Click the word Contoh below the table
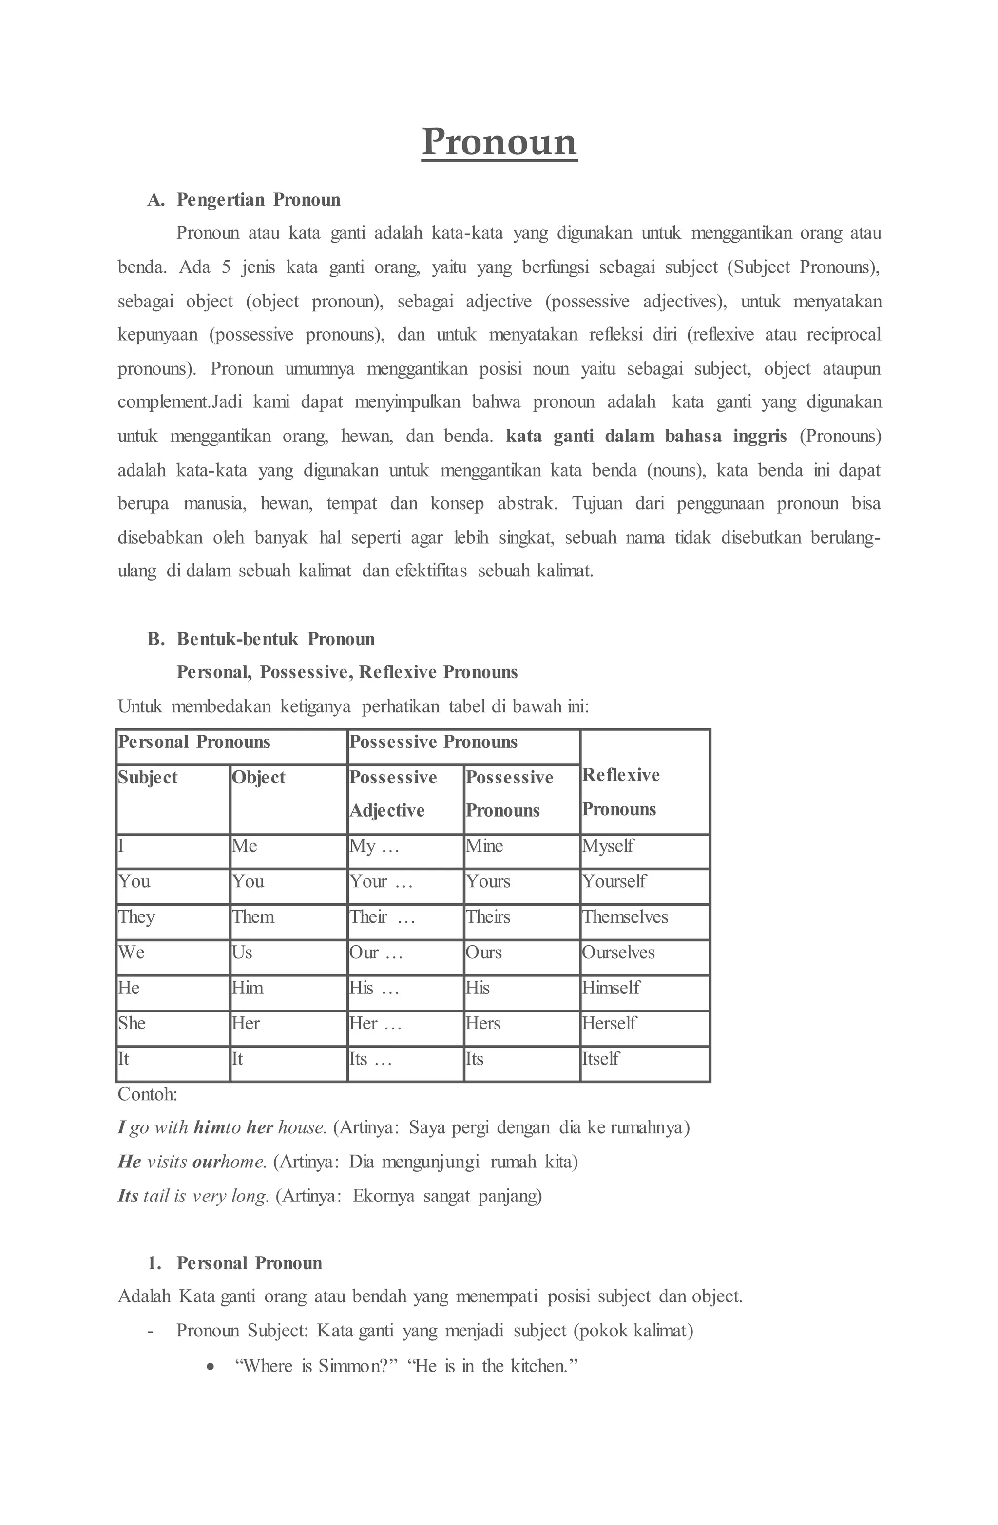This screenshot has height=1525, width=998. [147, 1094]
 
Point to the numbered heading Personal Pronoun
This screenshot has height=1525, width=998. [249, 1263]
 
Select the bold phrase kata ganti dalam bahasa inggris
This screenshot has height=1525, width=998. [646, 437]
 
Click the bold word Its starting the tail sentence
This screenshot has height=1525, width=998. [128, 1196]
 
